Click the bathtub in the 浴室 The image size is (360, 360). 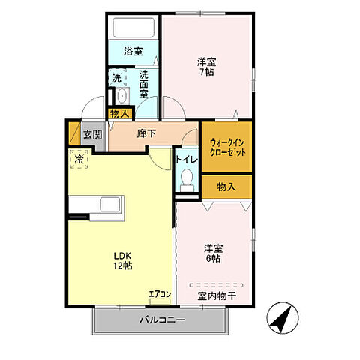133,27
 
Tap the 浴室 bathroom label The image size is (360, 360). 133,52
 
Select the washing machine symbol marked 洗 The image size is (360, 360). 117,77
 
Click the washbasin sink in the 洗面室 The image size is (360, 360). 122,96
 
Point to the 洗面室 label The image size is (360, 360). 144,84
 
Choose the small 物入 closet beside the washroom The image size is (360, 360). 120,114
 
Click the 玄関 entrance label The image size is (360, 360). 92,135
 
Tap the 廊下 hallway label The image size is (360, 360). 146,133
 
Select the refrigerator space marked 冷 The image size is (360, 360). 79,159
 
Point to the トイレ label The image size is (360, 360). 187,160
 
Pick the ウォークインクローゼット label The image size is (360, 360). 227,148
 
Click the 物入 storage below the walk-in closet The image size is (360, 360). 226,187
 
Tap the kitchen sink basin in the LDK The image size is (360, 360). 110,205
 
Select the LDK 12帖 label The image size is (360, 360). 123,261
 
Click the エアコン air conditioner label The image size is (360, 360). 160,294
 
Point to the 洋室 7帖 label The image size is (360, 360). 206,67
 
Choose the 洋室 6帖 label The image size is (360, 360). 214,253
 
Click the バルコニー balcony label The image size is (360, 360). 163,319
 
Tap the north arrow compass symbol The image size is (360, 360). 283,318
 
